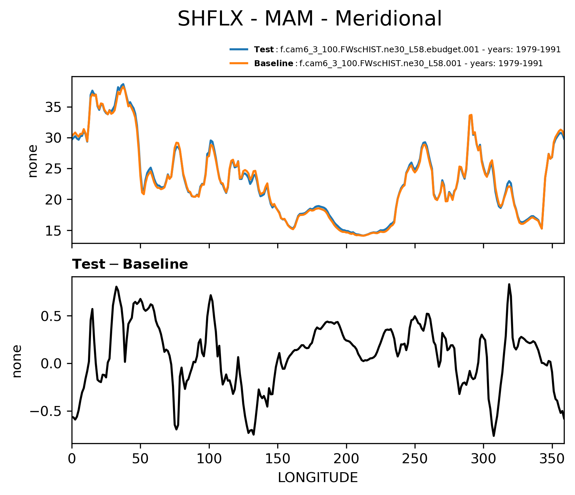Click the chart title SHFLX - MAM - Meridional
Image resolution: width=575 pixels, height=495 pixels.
pyautogui.click(x=309, y=19)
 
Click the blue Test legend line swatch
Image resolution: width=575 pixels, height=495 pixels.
pyautogui.click(x=239, y=50)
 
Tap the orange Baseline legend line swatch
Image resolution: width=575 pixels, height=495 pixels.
pyautogui.click(x=239, y=63)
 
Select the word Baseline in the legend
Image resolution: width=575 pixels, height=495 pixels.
pyautogui.click(x=273, y=64)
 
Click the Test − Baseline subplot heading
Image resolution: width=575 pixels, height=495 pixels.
pyautogui.click(x=130, y=264)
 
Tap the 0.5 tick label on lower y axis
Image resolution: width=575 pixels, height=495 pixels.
pyautogui.click(x=51, y=316)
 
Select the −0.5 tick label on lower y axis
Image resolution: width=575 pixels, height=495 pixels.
pyautogui.click(x=46, y=412)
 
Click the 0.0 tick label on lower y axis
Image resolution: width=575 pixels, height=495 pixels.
pyautogui.click(x=51, y=364)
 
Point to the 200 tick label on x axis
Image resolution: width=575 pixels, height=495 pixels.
pyautogui.click(x=346, y=459)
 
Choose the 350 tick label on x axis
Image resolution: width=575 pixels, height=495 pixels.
pyautogui.click(x=552, y=459)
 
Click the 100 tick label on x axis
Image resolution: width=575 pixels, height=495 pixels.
pyautogui.click(x=209, y=459)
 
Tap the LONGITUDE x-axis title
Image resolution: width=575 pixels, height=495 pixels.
pyautogui.click(x=318, y=478)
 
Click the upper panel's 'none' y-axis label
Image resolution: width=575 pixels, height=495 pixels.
pyautogui.click(x=33, y=161)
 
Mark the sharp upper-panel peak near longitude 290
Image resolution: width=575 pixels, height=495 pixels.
pyautogui.click(x=470, y=115)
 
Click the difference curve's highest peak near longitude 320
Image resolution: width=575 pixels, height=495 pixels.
pyautogui.click(x=509, y=284)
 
